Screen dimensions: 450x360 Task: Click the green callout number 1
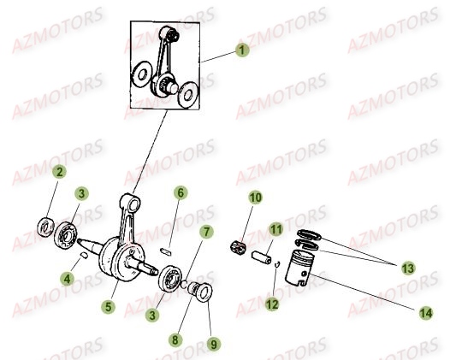pos(242,50)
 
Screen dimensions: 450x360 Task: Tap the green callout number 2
pos(59,172)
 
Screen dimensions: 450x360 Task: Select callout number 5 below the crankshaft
pos(108,307)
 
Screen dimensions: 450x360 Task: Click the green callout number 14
pos(426,313)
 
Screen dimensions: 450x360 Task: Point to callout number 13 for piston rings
pos(408,269)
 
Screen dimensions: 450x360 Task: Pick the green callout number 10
pos(256,198)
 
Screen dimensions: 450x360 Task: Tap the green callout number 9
pos(214,345)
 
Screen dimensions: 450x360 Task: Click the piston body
pos(299,268)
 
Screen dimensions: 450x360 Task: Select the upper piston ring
pos(309,234)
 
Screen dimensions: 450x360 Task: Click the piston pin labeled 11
pos(262,258)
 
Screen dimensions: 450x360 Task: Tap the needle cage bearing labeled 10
pos(239,248)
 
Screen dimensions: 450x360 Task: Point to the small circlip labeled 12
pos(276,264)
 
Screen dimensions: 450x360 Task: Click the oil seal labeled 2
pos(45,227)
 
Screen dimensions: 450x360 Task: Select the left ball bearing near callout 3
pos(66,235)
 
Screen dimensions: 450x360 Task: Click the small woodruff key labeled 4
pos(84,255)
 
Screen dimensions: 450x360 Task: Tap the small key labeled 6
pos(166,251)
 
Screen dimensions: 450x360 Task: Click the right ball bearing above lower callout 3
pos(170,279)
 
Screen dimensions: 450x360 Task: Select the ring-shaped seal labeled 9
pos(204,292)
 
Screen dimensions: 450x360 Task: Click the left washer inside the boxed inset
pos(141,74)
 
